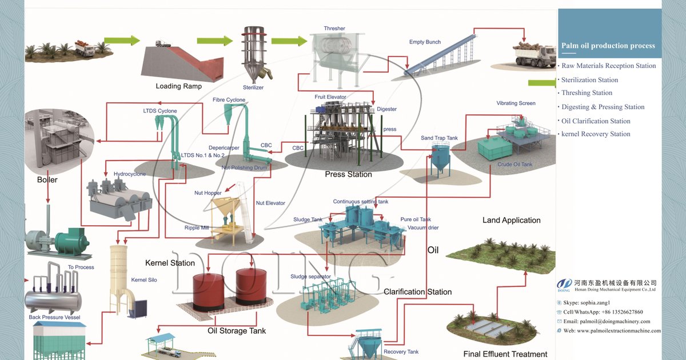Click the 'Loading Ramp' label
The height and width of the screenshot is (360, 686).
tap(178, 86)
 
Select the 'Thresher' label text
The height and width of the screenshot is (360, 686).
tap(334, 29)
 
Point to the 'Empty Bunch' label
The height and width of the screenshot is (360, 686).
tap(425, 42)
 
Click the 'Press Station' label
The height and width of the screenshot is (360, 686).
tap(348, 174)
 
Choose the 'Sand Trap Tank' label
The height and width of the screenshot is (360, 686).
tap(439, 138)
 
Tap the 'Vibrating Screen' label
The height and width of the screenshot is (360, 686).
tap(516, 103)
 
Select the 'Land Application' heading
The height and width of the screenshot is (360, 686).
tap(511, 220)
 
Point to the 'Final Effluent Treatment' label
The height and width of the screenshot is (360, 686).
tap(505, 354)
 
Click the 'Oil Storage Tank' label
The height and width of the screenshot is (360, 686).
tap(236, 331)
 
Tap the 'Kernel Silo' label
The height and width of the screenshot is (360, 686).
tap(143, 280)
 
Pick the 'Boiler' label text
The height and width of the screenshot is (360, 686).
tap(47, 179)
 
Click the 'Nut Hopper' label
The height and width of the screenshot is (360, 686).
tap(208, 193)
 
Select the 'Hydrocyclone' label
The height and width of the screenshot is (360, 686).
tap(130, 174)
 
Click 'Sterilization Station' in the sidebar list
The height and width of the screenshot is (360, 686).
tap(589, 80)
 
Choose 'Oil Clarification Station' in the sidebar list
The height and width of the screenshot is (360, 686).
tap(596, 121)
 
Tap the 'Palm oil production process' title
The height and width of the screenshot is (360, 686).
tap(608, 46)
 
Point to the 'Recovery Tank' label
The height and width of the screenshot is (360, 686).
tap(401, 352)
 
